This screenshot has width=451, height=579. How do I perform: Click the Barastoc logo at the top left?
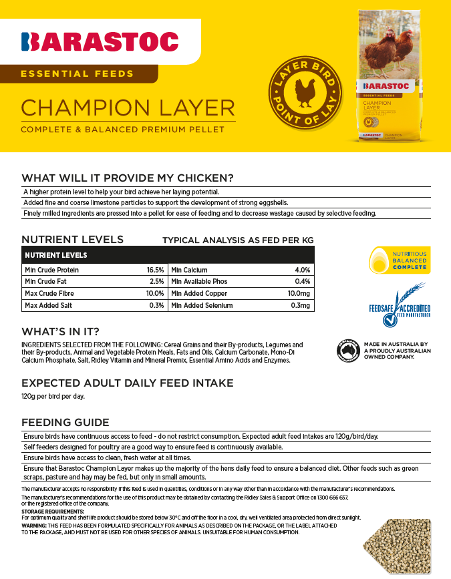tap(100, 41)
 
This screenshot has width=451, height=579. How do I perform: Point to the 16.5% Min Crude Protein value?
tap(155, 270)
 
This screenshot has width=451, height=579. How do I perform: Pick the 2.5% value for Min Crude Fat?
tap(157, 282)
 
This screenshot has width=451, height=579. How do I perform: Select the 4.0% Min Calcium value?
tap(302, 270)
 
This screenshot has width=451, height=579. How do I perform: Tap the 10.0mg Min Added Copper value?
tap(299, 294)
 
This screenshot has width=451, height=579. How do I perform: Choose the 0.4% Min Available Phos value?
tap(302, 282)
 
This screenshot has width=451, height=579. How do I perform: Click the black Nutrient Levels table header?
tap(168, 255)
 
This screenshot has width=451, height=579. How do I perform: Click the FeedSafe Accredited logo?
tap(400, 307)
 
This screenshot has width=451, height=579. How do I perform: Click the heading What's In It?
tap(61, 332)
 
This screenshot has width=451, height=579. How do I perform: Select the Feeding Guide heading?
tap(65, 422)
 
